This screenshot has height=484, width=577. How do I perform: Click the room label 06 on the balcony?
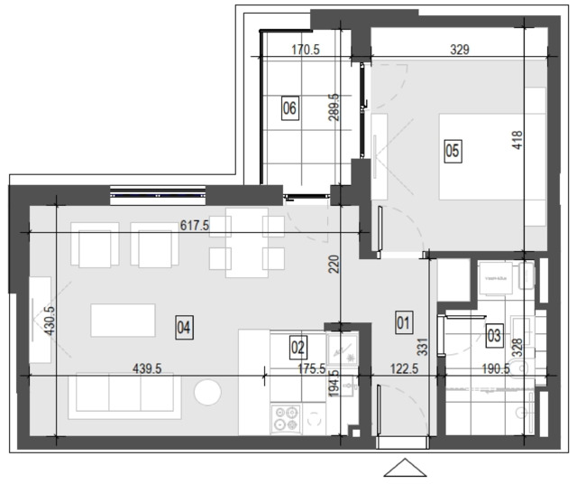pyautogui.click(x=290, y=108)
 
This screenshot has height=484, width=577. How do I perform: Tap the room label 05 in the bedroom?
pyautogui.click(x=453, y=151)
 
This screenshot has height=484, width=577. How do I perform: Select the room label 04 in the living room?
pyautogui.click(x=184, y=328)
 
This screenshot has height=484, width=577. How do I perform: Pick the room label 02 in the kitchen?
pyautogui.click(x=298, y=348)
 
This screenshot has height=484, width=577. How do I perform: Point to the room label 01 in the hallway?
pyautogui.click(x=404, y=323)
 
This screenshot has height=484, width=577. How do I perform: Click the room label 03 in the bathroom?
pyautogui.click(x=494, y=335)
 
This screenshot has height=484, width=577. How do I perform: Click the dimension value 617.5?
pyautogui.click(x=195, y=225)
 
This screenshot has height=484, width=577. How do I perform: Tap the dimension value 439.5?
pyautogui.click(x=147, y=368)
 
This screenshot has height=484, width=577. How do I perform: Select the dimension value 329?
pyautogui.click(x=460, y=50)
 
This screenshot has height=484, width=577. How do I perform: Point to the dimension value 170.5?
pyautogui.click(x=306, y=50)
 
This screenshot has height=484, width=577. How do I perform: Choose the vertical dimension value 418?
pyautogui.click(x=517, y=140)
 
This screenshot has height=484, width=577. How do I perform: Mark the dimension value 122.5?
pyautogui.click(x=404, y=368)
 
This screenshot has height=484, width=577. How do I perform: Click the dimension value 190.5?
pyautogui.click(x=496, y=368)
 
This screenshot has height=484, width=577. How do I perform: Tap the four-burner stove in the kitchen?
pyautogui.click(x=287, y=418)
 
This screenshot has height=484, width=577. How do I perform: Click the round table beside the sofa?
pyautogui.click(x=207, y=392)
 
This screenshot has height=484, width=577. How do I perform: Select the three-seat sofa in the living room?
pyautogui.click(x=124, y=396)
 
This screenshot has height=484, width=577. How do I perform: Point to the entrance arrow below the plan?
pyautogui.click(x=405, y=468)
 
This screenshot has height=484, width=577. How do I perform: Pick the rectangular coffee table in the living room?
pyautogui.click(x=123, y=320)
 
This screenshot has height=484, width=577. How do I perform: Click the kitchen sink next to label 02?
pyautogui.click(x=342, y=349)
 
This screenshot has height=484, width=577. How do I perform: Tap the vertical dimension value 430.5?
pyautogui.click(x=49, y=320)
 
